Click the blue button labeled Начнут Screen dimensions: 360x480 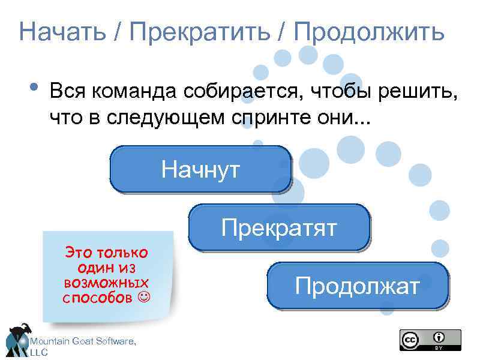[x=200, y=169]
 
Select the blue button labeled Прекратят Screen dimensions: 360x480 [x=279, y=227]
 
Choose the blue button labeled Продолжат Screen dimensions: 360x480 [x=358, y=286]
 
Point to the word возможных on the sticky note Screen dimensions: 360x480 [x=106, y=282]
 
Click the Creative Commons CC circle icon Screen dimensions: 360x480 [x=410, y=340]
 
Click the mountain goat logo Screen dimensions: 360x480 [x=18, y=340]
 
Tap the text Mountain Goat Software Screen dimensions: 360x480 [x=83, y=341]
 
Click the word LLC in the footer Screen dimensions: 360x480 [x=39, y=353]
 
